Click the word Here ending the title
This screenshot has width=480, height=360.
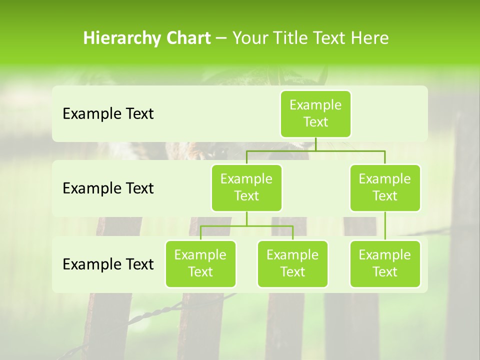point(371,38)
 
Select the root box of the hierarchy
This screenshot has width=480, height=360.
point(315,114)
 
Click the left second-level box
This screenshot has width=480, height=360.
point(246,188)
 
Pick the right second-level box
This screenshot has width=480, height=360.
point(385,188)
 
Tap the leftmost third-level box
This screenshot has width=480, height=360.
point(200,264)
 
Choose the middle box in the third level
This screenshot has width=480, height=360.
point(292,264)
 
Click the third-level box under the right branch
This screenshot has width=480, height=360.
point(385,264)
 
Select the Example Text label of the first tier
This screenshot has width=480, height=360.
point(108,114)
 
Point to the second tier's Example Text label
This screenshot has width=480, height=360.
point(108,188)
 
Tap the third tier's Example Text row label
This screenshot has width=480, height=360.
point(108,264)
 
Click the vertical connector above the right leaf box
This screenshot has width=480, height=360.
point(385,226)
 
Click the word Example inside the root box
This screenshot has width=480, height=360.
point(315,105)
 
